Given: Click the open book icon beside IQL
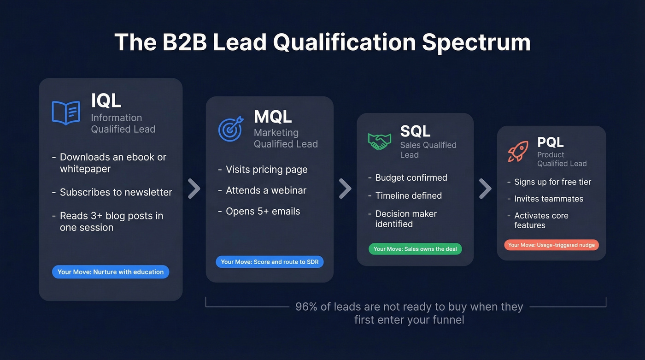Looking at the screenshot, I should (66, 113).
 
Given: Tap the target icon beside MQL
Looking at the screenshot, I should (230, 129).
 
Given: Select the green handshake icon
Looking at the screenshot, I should (379, 141).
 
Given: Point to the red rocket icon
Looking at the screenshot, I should (518, 152).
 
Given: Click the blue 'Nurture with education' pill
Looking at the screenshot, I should (111, 272).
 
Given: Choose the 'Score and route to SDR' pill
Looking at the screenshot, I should (270, 262).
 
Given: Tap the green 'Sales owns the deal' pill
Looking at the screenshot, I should (415, 249).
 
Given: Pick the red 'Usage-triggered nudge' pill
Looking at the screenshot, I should (551, 245).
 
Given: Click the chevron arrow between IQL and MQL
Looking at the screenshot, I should (194, 189).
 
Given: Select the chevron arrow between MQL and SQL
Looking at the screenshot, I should (345, 189).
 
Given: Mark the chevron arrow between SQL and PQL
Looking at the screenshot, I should (485, 189).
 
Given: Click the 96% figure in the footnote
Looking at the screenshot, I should (306, 307).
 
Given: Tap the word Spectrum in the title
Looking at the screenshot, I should (476, 42).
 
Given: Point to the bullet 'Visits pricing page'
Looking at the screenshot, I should (266, 170).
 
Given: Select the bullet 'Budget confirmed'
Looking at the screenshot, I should (411, 178).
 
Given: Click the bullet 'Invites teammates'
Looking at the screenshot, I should (549, 199).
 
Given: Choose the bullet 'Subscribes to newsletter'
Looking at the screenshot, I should (116, 192).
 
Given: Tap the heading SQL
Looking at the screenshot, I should (415, 131).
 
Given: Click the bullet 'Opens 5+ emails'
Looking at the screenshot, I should (263, 212).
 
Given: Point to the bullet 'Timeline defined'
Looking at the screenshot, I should (408, 196).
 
